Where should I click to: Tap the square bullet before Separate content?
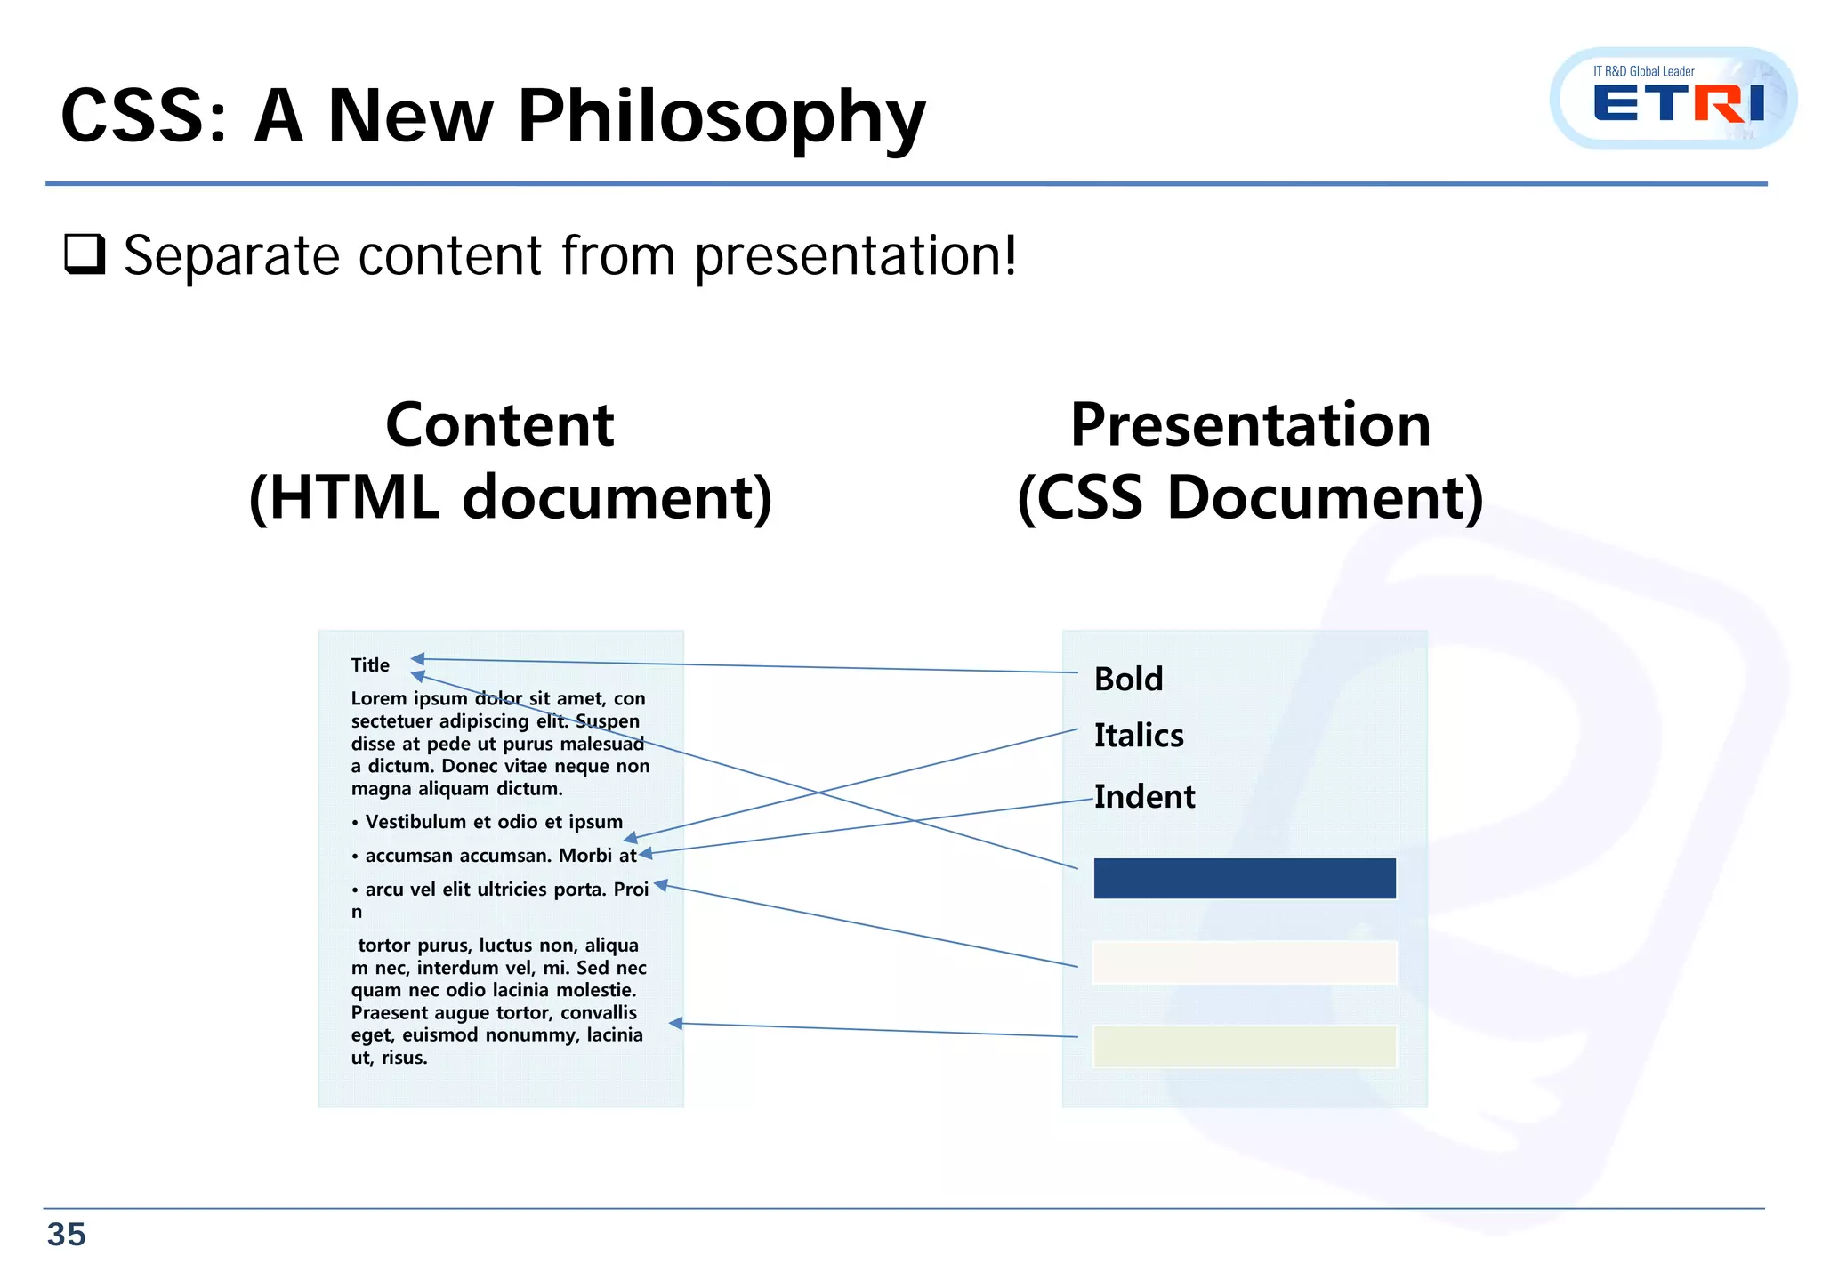pyautogui.click(x=85, y=254)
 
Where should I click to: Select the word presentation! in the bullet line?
pyautogui.click(x=855, y=256)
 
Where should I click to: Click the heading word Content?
pyautogui.click(x=499, y=425)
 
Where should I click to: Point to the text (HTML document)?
pyautogui.click(x=510, y=497)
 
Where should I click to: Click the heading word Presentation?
pyautogui.click(x=1250, y=425)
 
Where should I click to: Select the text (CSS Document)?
pyautogui.click(x=1250, y=497)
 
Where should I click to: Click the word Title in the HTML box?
pyautogui.click(x=370, y=665)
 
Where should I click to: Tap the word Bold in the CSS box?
pyautogui.click(x=1128, y=680)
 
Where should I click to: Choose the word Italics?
pyautogui.click(x=1139, y=736)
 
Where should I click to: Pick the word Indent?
pyautogui.click(x=1144, y=797)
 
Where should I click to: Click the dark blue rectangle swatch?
pyautogui.click(x=1244, y=879)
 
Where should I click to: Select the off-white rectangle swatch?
pyautogui.click(x=1244, y=963)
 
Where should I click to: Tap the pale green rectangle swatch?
pyautogui.click(x=1244, y=1047)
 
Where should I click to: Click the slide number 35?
pyautogui.click(x=67, y=1235)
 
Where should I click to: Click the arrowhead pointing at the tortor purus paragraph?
pyautogui.click(x=675, y=1024)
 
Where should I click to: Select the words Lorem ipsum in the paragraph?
pyautogui.click(x=409, y=699)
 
